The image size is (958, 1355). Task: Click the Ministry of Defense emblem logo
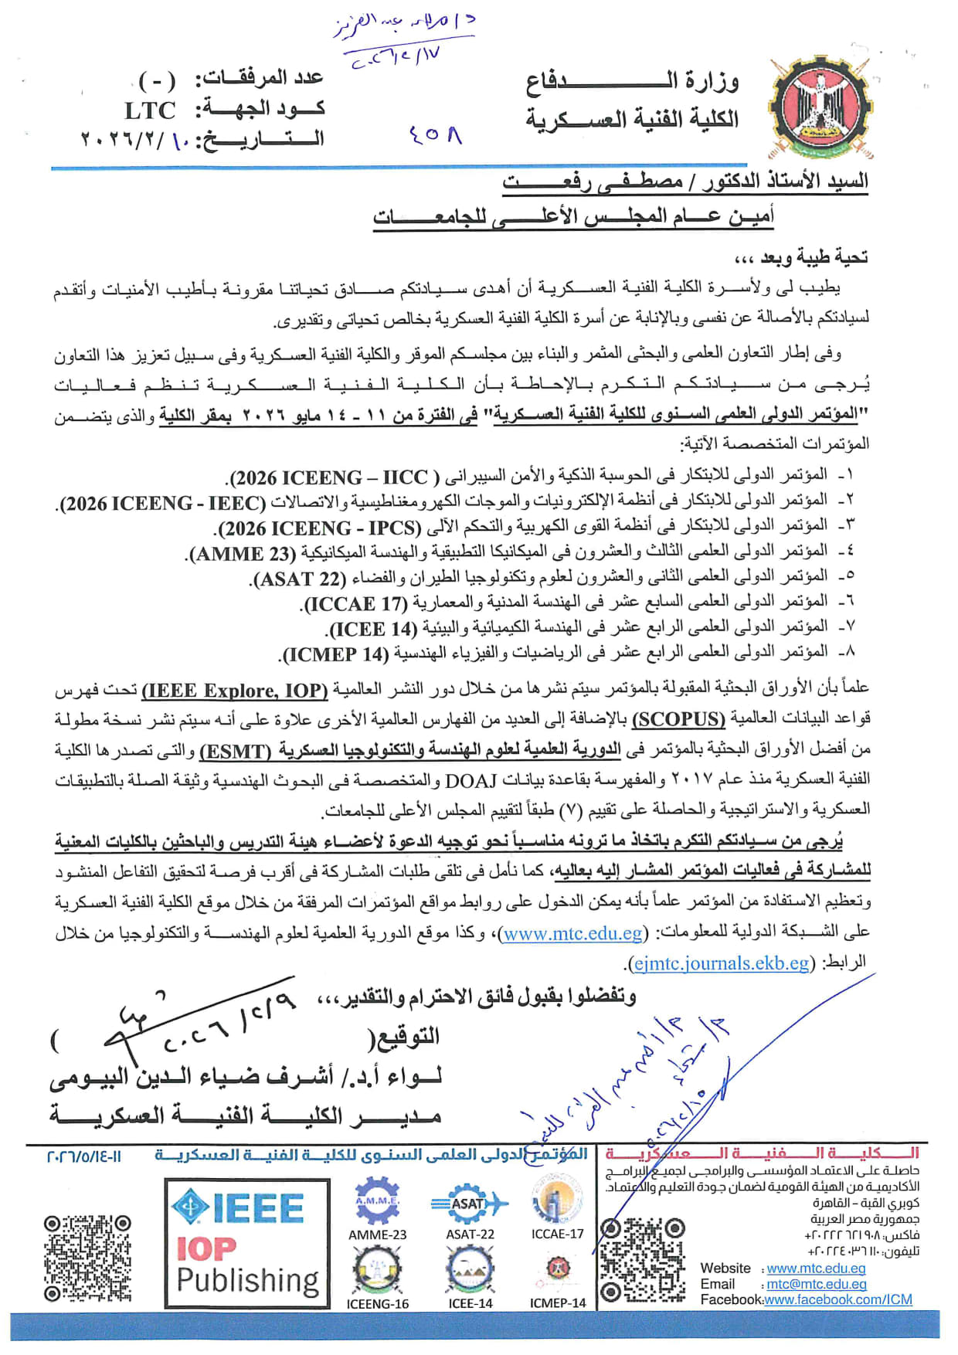820,107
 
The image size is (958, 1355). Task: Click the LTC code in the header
150,110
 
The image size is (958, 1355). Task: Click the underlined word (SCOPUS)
678,719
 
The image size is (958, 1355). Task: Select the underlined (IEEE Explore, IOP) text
235,690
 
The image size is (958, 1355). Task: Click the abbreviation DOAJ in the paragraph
471,781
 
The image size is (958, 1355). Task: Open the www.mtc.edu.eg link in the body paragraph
572,933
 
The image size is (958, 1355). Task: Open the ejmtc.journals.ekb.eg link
720,963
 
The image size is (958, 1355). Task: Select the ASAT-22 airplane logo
470,1204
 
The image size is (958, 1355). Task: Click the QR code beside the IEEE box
87,1258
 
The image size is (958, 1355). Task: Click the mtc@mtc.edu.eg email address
816,1284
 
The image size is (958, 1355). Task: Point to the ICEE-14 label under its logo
470,1303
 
